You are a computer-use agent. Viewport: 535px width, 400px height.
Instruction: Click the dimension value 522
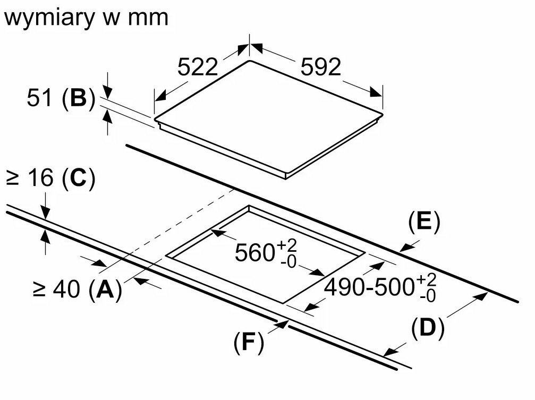(198, 67)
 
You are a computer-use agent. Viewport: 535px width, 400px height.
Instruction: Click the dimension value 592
(320, 67)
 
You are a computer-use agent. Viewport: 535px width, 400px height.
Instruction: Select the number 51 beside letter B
(40, 98)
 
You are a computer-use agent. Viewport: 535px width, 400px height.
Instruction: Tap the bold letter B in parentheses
(78, 98)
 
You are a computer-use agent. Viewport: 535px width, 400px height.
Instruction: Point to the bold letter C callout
(78, 180)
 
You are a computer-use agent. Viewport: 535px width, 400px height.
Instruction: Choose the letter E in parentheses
(424, 223)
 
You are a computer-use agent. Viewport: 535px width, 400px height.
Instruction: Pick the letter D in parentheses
(427, 329)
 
